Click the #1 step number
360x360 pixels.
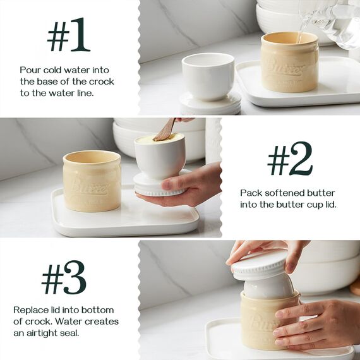pyautogui.click(x=68, y=39)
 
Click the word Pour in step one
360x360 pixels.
pyautogui.click(x=30, y=70)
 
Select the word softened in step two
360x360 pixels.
pyautogui.click(x=289, y=192)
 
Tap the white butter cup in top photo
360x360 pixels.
pyautogui.click(x=208, y=76)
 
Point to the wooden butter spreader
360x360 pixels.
pyautogui.click(x=165, y=129)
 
